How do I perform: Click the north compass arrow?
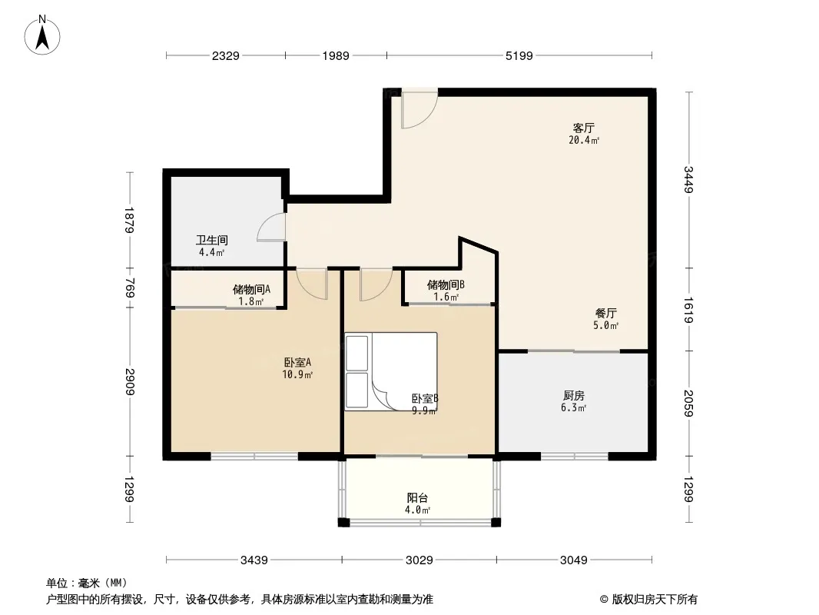[42, 38]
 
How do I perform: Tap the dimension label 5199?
[519, 55]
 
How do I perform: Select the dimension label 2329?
[226, 55]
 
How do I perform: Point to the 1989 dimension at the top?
[336, 55]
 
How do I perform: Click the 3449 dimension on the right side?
[688, 180]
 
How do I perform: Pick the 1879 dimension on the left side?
[130, 220]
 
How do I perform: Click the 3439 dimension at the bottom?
[254, 560]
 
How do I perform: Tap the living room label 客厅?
[583, 128]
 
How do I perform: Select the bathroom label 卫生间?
[212, 241]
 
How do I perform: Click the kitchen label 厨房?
[573, 396]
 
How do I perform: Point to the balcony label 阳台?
[417, 498]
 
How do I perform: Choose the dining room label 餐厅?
[606, 314]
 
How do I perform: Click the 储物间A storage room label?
[251, 290]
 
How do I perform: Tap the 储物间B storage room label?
[446, 284]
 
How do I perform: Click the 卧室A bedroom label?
[298, 362]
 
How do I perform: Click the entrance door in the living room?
[419, 110]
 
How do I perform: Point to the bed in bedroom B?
[391, 371]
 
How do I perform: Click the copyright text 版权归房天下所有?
[655, 600]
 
